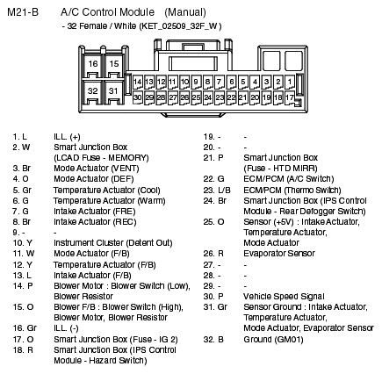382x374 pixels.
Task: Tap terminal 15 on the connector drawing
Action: coord(113,65)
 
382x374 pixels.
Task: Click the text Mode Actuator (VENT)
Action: coord(84,165)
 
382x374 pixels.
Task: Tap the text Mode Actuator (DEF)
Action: coord(82,178)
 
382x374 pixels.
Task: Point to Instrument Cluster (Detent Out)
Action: coord(101,240)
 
